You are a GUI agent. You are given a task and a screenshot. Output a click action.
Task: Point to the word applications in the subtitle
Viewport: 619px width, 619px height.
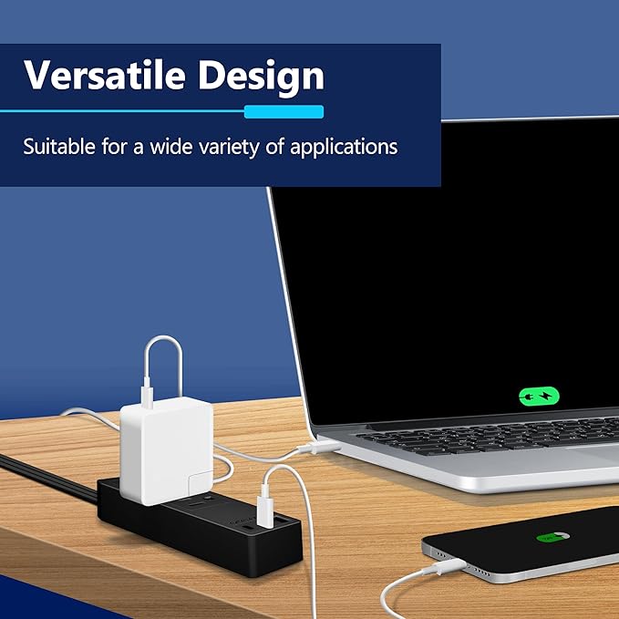tap(344, 146)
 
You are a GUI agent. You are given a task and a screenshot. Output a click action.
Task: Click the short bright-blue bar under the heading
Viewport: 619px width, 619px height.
tap(284, 111)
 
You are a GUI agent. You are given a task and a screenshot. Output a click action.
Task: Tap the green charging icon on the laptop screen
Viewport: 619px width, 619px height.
tap(539, 397)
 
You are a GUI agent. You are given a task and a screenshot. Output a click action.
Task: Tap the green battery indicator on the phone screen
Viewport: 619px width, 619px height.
tap(551, 539)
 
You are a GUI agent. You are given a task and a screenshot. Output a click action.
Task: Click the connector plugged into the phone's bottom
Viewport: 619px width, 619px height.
tap(444, 570)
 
